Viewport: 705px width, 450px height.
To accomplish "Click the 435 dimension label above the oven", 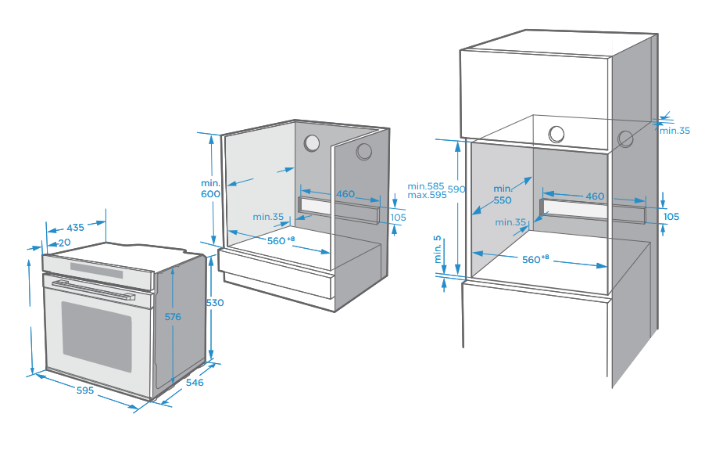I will (75, 227).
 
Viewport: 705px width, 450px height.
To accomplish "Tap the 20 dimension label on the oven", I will (64, 243).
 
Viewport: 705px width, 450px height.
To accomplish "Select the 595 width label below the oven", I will (85, 389).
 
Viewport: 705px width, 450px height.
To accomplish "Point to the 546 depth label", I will (195, 383).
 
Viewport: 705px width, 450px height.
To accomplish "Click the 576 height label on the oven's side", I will (173, 317).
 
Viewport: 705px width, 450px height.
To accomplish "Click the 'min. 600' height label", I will (211, 189).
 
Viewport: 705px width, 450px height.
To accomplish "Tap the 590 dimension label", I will (456, 189).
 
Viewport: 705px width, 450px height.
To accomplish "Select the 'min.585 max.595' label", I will (427, 190).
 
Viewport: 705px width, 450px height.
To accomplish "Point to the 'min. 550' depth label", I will (502, 194).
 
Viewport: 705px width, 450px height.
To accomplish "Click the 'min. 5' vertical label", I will (438, 250).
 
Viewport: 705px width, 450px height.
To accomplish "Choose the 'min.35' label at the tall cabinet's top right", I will (675, 131).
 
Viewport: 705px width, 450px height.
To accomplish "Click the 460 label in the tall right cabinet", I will (595, 196).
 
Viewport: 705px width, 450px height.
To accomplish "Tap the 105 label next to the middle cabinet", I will (399, 218).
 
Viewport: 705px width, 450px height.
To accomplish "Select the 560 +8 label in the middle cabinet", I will (280, 240).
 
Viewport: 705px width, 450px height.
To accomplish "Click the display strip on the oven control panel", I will (97, 271).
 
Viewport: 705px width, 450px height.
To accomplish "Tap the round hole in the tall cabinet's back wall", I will (556, 134).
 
